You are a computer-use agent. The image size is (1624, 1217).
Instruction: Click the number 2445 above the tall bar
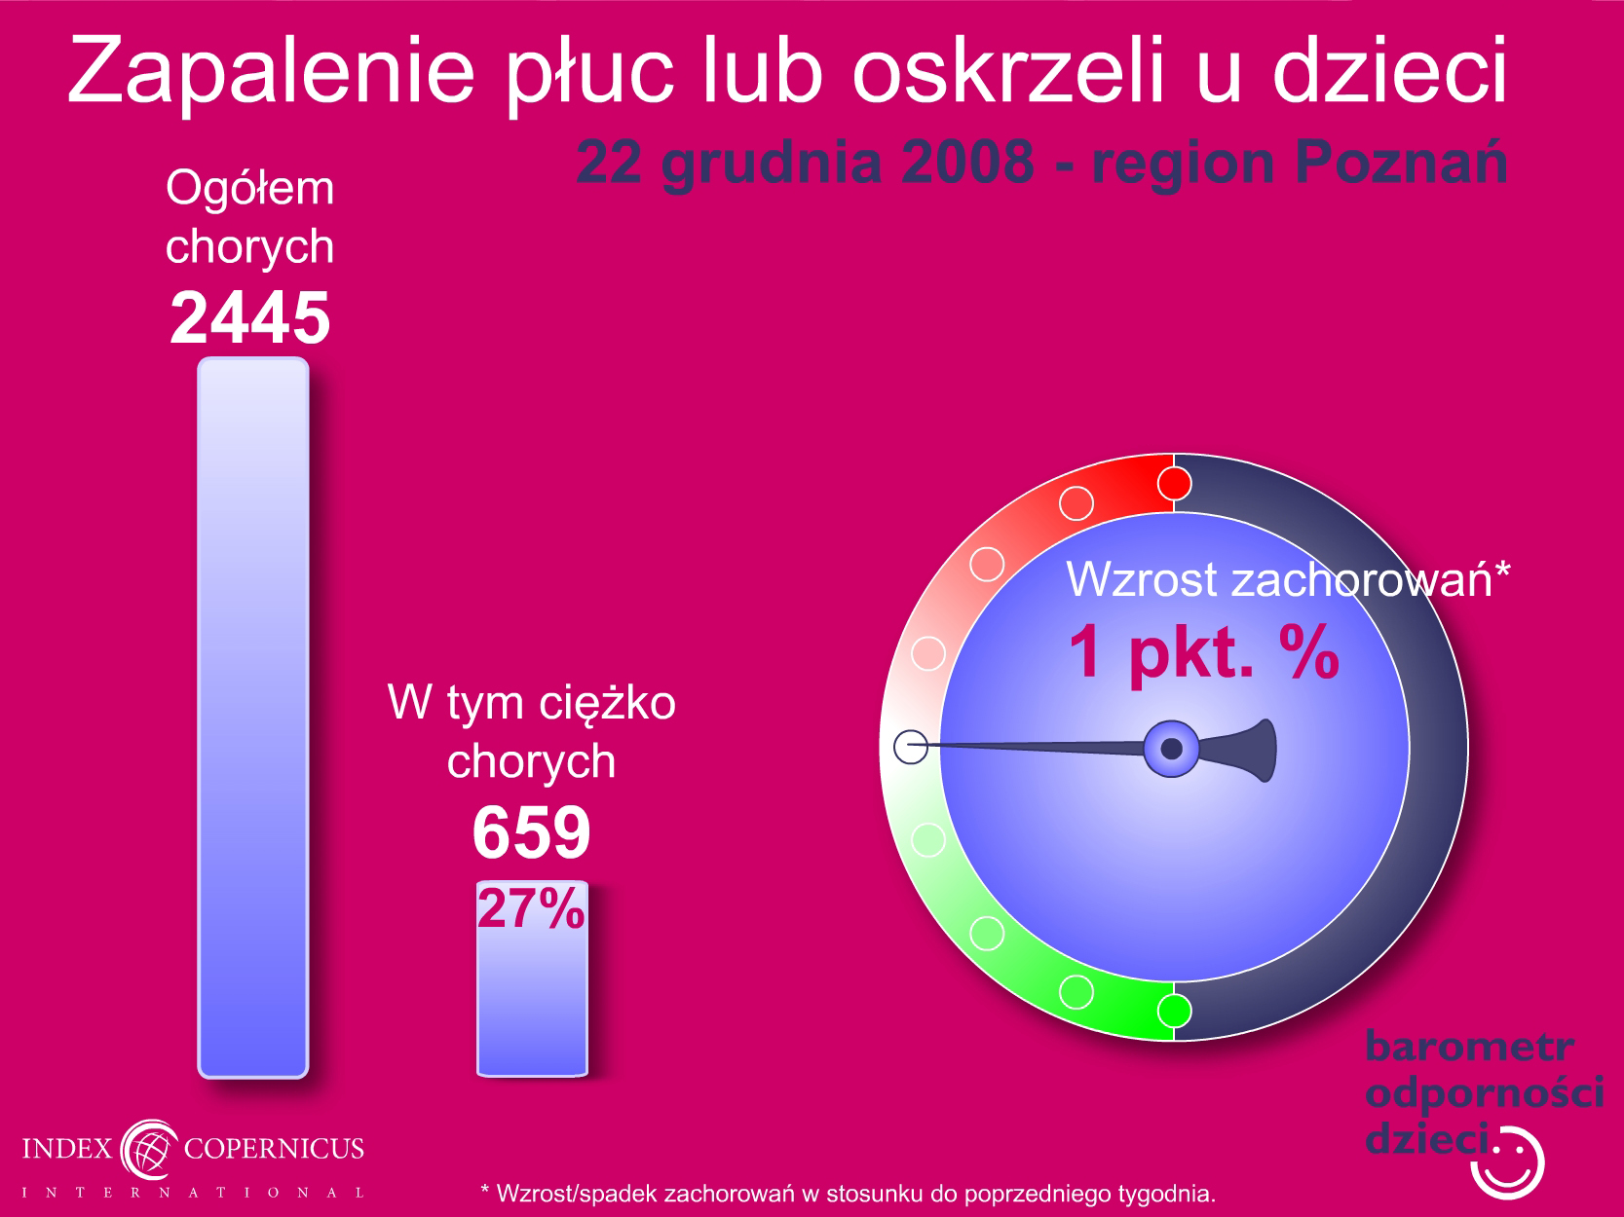pos(250,317)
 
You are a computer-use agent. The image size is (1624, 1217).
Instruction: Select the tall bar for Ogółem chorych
pos(253,718)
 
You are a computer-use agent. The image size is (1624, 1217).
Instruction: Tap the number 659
pos(531,832)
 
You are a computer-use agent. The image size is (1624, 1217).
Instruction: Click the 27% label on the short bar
pos(531,908)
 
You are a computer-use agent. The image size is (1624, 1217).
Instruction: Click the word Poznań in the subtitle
pos(1401,163)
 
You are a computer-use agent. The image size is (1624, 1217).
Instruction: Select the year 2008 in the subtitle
pos(967,163)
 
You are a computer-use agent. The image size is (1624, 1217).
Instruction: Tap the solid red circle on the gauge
pos(1174,484)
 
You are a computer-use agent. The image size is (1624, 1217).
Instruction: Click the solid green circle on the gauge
pos(1174,1011)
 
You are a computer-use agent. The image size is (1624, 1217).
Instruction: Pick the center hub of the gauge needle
pos(1171,749)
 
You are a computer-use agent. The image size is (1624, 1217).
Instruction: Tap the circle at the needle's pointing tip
pos(911,747)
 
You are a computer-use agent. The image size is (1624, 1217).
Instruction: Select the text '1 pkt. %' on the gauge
pos(1204,652)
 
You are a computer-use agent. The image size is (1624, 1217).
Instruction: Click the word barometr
pos(1469,1047)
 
